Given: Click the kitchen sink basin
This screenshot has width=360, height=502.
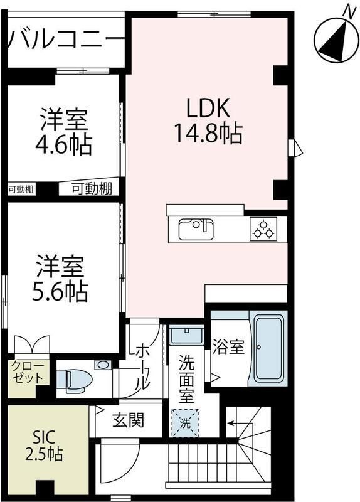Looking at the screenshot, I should pos(196,229).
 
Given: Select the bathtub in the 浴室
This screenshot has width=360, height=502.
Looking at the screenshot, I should pos(268,348).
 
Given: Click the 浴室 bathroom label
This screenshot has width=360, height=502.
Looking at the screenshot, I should pos(228,347).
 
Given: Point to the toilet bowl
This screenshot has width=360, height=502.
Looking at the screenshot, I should pos(74,380).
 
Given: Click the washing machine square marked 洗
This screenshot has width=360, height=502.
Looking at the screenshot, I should pos(185,422).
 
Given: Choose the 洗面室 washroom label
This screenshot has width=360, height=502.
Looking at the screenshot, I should pos(186,380).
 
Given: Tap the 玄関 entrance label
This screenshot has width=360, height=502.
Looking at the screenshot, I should pos(129,420).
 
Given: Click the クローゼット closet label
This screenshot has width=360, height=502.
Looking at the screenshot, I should pos(26,373).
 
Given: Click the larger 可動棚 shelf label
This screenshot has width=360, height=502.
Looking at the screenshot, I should pos(91,188).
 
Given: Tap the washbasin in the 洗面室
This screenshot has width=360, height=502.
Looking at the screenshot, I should pos(186,336).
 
